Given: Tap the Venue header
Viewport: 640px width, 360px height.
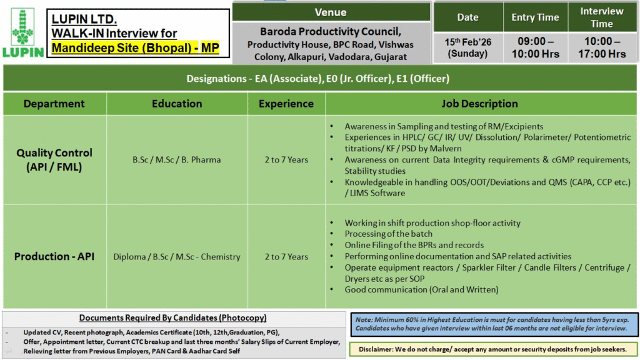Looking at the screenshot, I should click(x=331, y=12).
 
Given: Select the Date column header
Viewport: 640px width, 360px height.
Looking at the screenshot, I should click(x=467, y=17).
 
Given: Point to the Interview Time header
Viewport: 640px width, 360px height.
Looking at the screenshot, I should click(x=601, y=17).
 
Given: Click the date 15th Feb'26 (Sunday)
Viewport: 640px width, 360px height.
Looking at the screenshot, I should click(x=467, y=47).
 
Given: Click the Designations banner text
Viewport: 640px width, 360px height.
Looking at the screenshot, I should click(x=317, y=79).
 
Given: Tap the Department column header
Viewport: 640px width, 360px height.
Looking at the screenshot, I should click(x=54, y=104).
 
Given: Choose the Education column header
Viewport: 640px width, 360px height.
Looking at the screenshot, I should click(x=177, y=104).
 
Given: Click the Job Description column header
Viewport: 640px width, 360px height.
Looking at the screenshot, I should click(x=479, y=104).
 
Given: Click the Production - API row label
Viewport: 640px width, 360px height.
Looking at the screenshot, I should click(x=54, y=256).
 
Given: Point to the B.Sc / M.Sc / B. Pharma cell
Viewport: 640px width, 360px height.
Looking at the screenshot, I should click(x=176, y=159).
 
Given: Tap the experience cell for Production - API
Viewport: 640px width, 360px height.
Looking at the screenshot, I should click(x=286, y=256).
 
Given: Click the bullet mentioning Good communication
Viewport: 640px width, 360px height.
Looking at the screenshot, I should click(x=421, y=289).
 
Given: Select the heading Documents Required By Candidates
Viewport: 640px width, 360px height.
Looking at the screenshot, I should click(x=172, y=317).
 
